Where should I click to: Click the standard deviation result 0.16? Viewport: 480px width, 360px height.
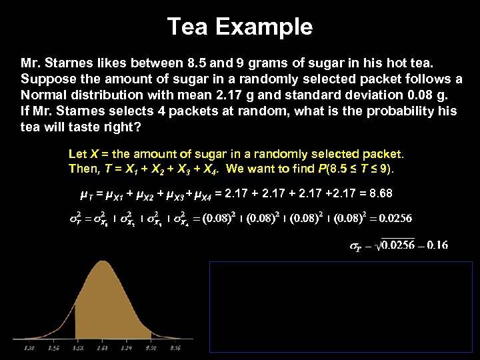[437, 245]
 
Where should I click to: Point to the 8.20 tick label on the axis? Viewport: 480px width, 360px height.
[29, 347]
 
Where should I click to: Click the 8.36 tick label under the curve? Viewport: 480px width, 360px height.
[54, 347]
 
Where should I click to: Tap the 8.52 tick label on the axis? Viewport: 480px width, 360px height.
[77, 347]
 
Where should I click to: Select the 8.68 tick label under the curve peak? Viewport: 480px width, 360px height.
[102, 347]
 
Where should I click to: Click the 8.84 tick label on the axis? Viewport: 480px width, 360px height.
[126, 347]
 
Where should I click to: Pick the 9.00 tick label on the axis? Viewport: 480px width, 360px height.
[150, 347]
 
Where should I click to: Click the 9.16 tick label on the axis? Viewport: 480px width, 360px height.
[174, 347]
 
